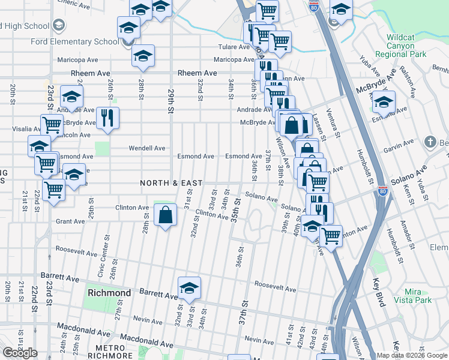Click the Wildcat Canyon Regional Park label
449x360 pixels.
400,46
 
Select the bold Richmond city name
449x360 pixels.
109,293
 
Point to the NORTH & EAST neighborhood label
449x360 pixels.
171,182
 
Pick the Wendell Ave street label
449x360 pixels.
147,148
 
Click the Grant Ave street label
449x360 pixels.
70,221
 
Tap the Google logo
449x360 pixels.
20,353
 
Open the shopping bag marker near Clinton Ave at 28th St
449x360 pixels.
165,214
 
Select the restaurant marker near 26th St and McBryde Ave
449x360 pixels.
107,116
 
